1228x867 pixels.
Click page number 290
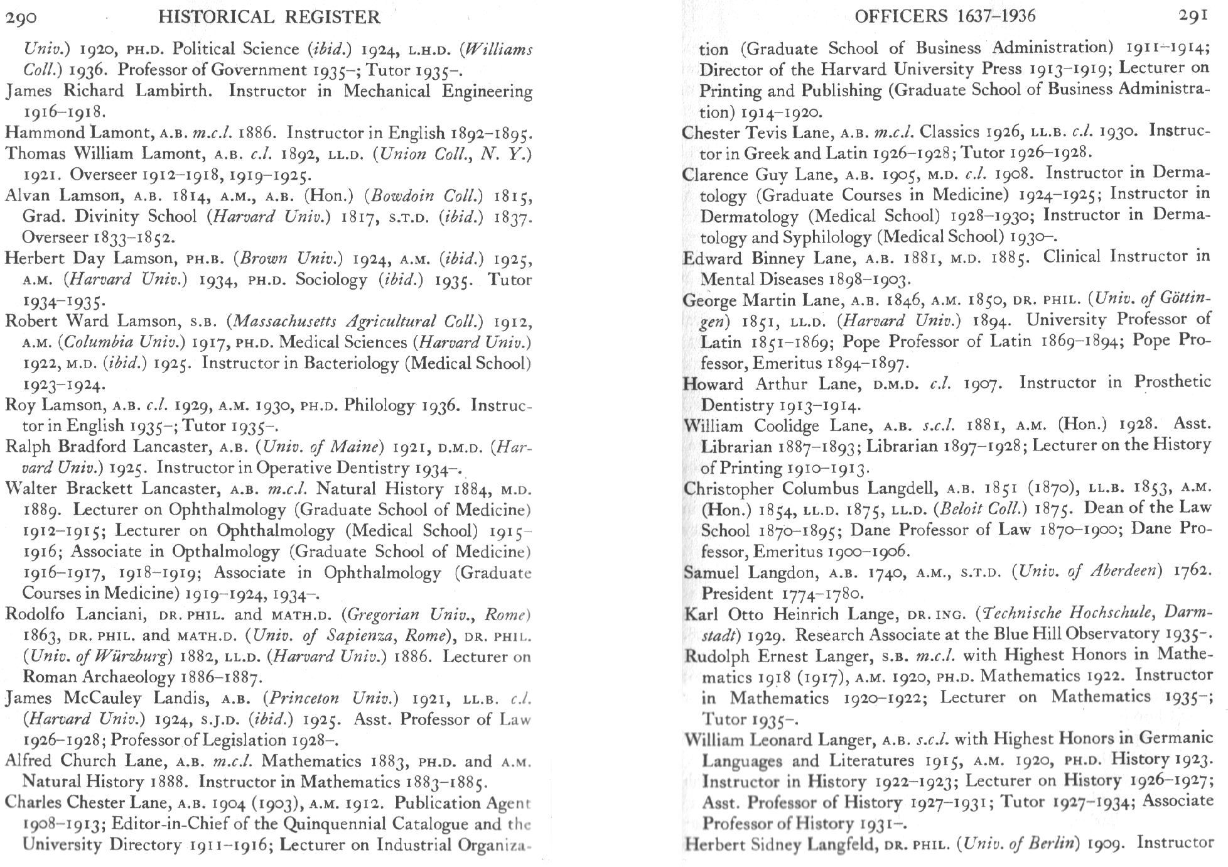(x=21, y=17)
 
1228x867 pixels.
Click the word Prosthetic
(x=1172, y=382)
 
